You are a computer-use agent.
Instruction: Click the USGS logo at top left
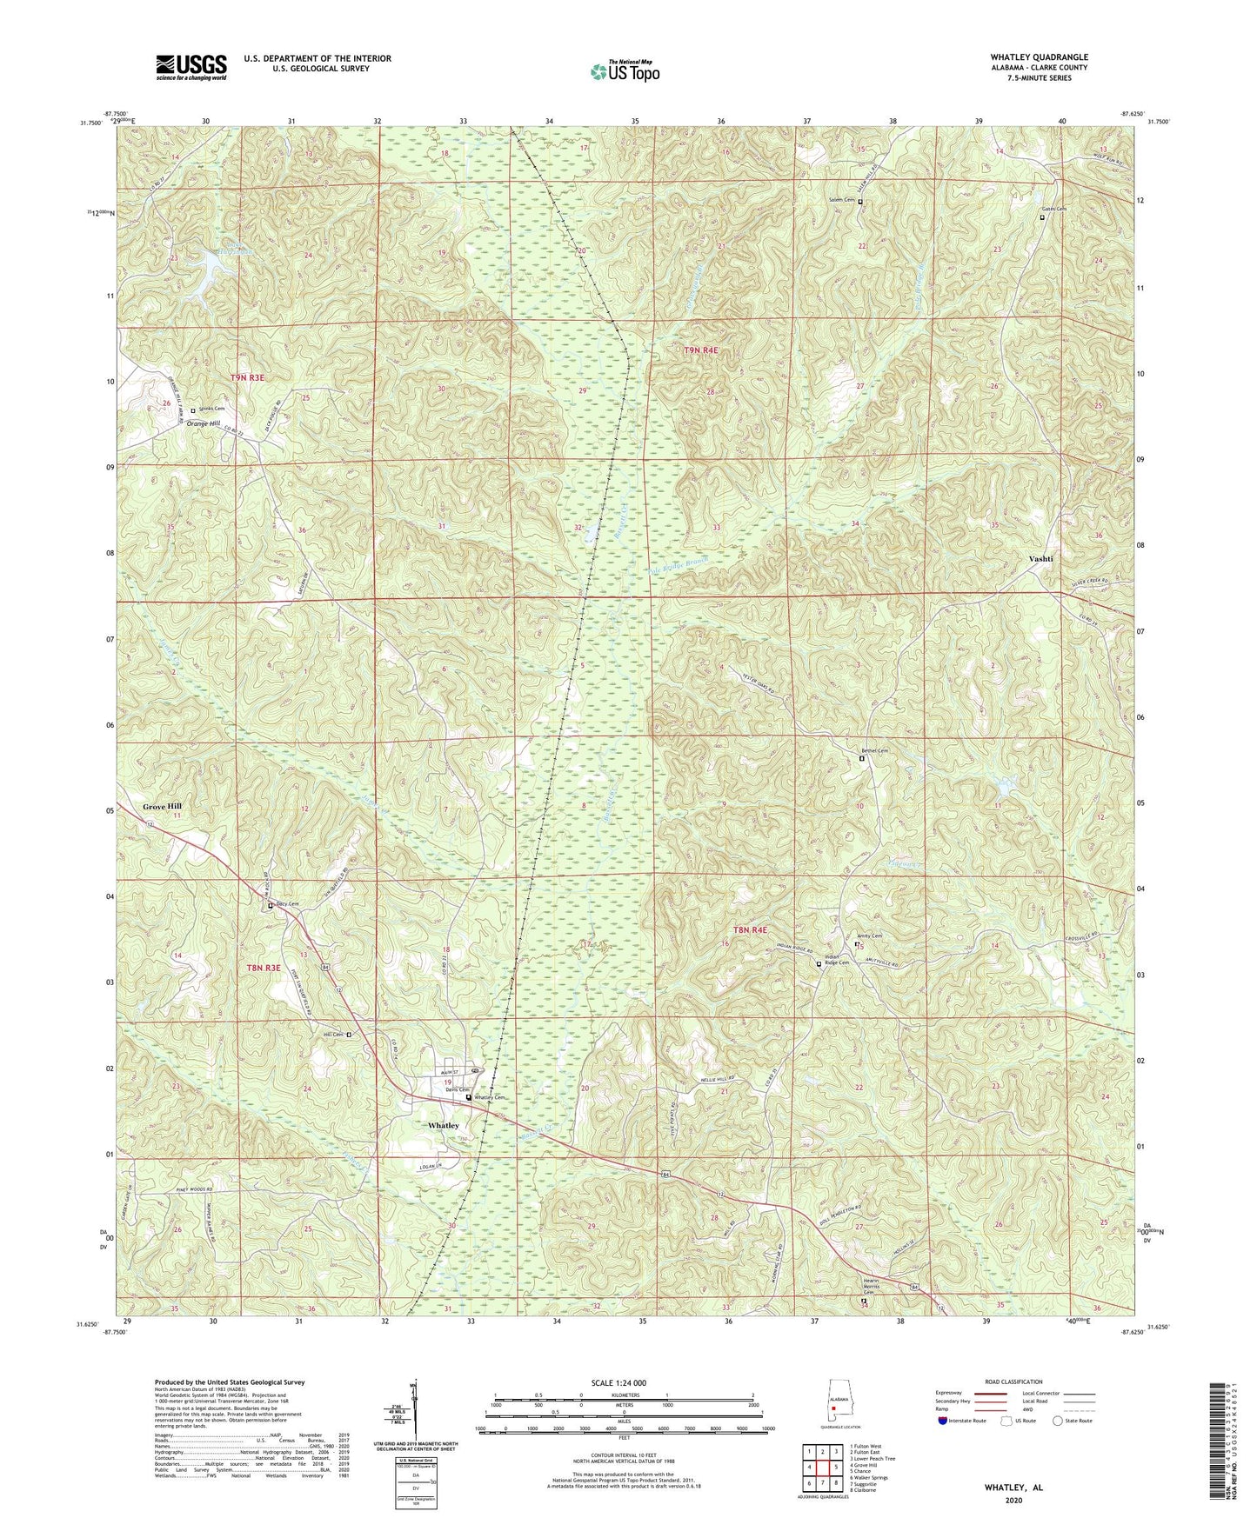[x=191, y=66]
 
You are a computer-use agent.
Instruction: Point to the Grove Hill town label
[x=162, y=807]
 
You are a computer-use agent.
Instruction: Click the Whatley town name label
[x=444, y=1125]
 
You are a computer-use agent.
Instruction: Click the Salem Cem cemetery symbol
[x=860, y=203]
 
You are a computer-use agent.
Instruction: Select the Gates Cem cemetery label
[x=1054, y=210]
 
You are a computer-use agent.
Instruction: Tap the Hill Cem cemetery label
[x=334, y=1035]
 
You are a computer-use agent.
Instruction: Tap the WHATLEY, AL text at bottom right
[x=1013, y=1488]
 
